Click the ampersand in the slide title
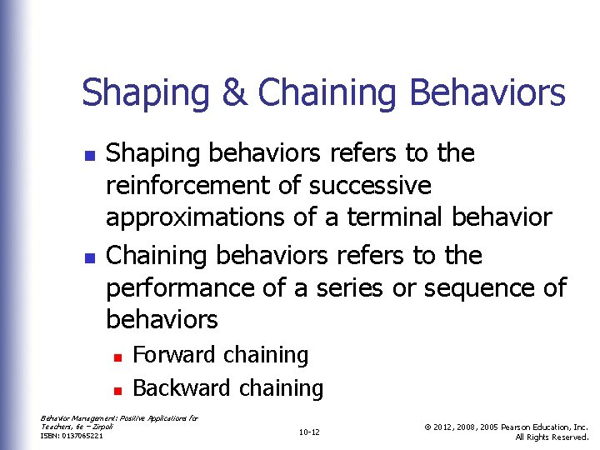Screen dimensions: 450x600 [x=234, y=93]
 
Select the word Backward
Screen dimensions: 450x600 [x=182, y=388]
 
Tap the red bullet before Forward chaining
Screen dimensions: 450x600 [x=118, y=357]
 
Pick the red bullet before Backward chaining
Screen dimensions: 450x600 [x=118, y=390]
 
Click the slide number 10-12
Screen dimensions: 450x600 [x=308, y=432]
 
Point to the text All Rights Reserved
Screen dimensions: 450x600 [x=552, y=437]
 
